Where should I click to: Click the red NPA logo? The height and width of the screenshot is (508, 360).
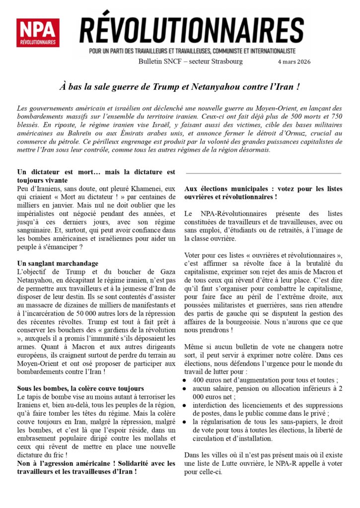(38, 33)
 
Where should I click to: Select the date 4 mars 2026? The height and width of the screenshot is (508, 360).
(295, 62)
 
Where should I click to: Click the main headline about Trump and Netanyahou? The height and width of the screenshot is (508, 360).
(180, 86)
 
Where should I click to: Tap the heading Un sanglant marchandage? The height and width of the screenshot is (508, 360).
(58, 263)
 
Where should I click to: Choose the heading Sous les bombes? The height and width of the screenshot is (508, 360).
(80, 388)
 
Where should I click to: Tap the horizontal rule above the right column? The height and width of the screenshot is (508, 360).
(263, 173)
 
